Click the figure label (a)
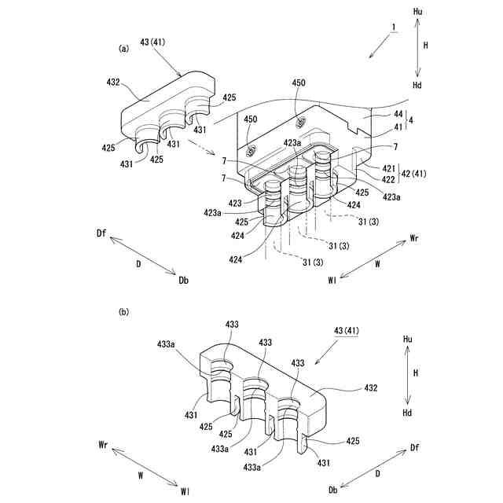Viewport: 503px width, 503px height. tap(123, 49)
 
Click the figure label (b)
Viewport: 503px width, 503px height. tap(123, 312)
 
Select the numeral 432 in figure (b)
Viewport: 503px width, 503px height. tap(370, 387)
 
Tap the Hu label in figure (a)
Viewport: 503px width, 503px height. tap(417, 12)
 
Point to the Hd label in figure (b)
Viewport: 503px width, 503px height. tap(406, 413)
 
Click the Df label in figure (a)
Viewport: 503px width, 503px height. tap(101, 233)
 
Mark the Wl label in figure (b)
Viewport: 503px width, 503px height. tap(184, 491)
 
